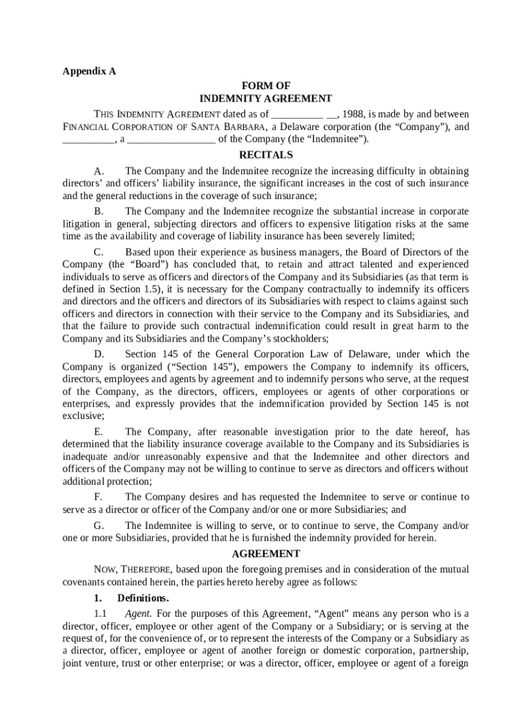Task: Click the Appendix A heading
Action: point(89,71)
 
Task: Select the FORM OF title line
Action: point(266,86)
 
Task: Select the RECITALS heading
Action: point(266,155)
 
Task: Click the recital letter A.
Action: point(99,171)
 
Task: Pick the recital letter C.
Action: point(99,252)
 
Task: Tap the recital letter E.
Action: point(99,432)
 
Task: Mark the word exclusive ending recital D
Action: point(82,416)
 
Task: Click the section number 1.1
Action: point(100,614)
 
